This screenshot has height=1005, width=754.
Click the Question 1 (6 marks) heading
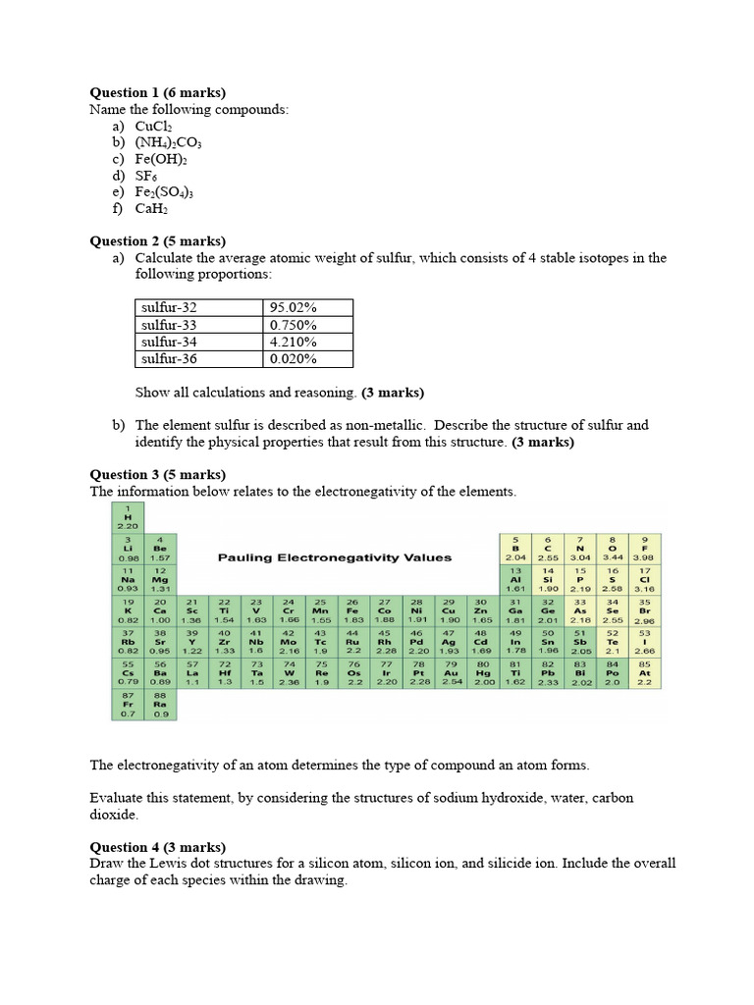(157, 93)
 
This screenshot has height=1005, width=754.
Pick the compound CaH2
(153, 209)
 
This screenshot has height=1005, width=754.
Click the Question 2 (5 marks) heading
(157, 241)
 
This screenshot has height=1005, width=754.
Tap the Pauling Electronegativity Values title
(335, 557)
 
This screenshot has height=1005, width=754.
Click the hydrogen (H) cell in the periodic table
(128, 517)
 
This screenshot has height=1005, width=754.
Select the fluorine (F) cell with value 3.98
(645, 549)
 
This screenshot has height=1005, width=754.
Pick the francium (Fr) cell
(128, 706)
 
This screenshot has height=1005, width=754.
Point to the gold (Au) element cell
(451, 674)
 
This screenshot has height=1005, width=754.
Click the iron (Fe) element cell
(352, 611)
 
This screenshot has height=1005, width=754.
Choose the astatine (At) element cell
(645, 674)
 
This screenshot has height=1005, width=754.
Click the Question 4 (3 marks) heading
(157, 847)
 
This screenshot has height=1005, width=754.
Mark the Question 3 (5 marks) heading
(157, 474)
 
